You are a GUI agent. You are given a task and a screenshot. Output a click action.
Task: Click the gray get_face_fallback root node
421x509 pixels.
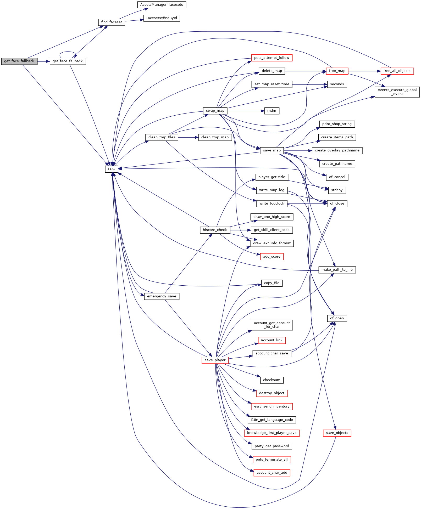[19, 61]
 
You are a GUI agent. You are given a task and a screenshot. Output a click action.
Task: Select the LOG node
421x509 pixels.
[112, 169]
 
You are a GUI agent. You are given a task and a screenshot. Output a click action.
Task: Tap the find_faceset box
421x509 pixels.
[112, 22]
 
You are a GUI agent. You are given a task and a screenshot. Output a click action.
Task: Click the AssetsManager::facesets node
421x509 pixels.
[162, 5]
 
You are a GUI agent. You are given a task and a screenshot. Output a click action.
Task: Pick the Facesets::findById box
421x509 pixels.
[162, 18]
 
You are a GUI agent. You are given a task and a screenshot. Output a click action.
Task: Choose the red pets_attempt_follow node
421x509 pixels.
[272, 58]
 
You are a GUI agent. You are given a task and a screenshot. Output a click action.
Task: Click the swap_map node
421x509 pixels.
[215, 111]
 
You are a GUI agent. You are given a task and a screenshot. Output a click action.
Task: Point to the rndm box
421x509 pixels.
[272, 111]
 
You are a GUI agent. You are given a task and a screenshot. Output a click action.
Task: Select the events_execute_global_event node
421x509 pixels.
[397, 92]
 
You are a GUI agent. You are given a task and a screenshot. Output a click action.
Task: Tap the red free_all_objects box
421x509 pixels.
[397, 71]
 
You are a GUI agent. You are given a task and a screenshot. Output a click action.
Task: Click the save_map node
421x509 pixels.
[272, 150]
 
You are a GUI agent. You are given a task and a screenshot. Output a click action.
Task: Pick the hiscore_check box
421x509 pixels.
[215, 230]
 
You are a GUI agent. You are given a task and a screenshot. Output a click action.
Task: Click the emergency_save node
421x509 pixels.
[162, 296]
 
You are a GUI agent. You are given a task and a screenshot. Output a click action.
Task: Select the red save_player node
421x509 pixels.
[215, 360]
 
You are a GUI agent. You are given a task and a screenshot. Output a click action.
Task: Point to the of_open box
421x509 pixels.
[337, 318]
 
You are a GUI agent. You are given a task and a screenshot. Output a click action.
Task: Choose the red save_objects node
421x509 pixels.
[337, 433]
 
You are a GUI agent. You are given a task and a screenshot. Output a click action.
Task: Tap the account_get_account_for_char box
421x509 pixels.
[272, 325]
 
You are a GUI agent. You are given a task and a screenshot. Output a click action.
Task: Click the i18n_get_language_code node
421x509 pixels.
[272, 420]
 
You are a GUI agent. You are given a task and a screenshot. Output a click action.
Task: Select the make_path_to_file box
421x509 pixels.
[337, 270]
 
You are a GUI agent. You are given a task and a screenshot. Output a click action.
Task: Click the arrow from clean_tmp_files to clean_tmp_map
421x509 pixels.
[188, 137]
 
